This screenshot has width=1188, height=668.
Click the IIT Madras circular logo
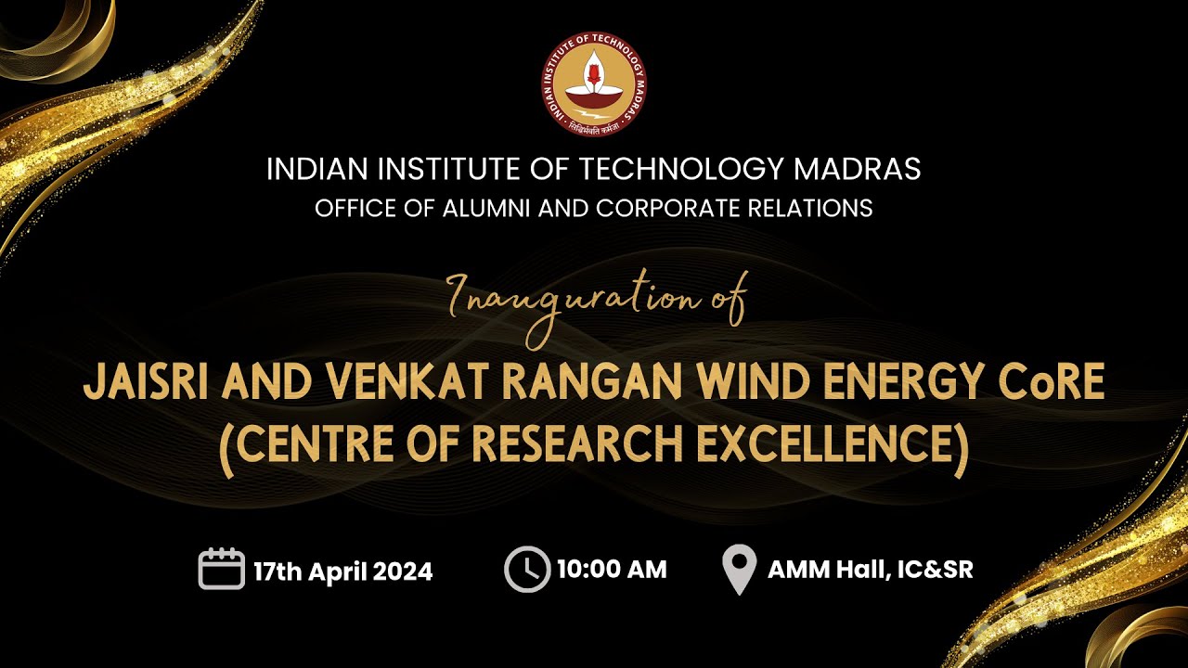pyautogui.click(x=594, y=83)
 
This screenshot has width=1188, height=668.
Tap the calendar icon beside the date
pyautogui.click(x=221, y=569)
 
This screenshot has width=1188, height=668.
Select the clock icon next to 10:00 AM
pyautogui.click(x=527, y=569)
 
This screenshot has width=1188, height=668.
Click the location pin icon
pyautogui.click(x=738, y=570)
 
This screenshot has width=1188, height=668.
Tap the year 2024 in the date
pyautogui.click(x=405, y=571)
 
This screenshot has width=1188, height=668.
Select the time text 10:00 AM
pyautogui.click(x=612, y=569)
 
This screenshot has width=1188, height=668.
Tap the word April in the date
pyautogui.click(x=339, y=571)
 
